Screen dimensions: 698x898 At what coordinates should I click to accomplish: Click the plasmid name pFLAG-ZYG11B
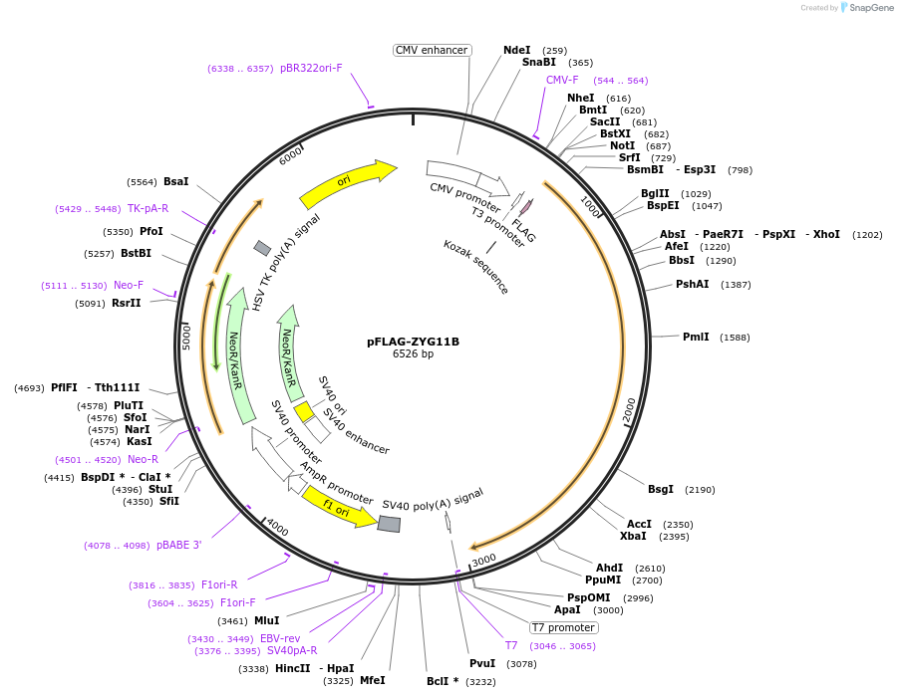413,342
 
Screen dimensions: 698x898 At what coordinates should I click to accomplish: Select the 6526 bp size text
413,354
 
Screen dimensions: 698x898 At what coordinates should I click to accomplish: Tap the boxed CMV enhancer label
432,50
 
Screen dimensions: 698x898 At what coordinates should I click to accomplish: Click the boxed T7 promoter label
563,627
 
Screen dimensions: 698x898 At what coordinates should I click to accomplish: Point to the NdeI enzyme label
517,50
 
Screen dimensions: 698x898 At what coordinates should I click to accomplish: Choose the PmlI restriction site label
696,337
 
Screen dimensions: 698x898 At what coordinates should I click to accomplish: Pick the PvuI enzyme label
482,663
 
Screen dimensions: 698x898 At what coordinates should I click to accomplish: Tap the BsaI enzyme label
176,181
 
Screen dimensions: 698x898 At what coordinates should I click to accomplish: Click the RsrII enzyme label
127,304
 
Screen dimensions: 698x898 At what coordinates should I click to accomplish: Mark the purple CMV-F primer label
562,80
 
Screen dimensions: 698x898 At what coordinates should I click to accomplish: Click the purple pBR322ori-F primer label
311,69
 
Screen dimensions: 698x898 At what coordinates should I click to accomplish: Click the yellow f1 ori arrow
338,507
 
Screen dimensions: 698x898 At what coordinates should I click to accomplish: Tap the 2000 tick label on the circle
629,408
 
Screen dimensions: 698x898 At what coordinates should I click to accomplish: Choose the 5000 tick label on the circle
186,336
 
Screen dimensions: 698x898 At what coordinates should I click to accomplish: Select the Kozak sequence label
476,266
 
